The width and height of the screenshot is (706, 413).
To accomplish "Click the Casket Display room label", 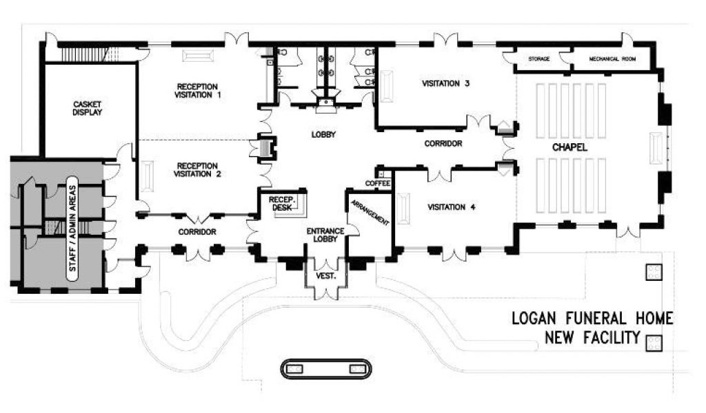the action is click(88, 108).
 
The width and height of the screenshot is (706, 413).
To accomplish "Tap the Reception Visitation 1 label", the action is click(197, 91).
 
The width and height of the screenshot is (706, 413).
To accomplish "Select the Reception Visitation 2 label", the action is click(197, 170).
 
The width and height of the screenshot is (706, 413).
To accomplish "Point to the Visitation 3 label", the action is click(446, 83).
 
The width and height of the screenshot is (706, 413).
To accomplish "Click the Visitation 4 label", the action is click(452, 207).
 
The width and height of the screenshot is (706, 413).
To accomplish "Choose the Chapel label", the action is click(569, 147).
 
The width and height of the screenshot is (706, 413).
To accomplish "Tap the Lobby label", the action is click(324, 134).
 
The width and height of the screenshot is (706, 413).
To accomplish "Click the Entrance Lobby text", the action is click(325, 235).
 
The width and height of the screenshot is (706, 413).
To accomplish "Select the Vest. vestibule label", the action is click(325, 276).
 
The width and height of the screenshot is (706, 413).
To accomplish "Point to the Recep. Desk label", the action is click(281, 204).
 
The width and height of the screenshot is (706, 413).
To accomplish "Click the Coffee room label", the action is click(378, 184).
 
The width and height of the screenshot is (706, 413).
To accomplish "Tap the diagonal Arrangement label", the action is click(370, 212).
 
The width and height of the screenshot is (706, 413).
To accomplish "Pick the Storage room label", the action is click(539, 59).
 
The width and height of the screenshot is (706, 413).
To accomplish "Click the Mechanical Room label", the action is click(612, 59).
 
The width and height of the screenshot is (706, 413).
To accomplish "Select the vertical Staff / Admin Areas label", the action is click(72, 229).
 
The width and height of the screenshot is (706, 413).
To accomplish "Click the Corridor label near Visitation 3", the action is click(443, 144).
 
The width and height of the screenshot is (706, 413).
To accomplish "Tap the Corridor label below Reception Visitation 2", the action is click(197, 232).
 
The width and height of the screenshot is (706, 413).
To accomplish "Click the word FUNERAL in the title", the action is click(596, 319).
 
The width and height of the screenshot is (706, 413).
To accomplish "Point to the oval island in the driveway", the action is click(326, 369).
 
